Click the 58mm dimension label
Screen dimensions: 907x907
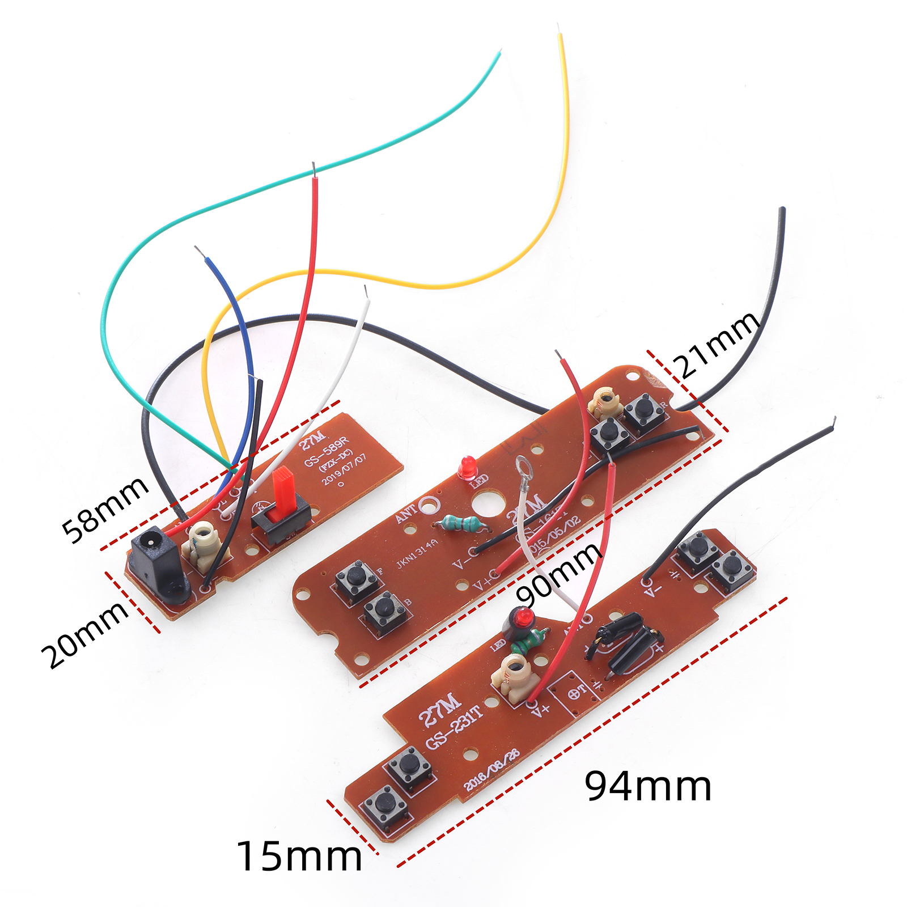point(105,510)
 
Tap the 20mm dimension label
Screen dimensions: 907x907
point(85,634)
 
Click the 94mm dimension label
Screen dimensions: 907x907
point(648,786)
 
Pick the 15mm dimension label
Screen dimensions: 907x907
point(299,856)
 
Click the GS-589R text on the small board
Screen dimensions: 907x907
point(327,452)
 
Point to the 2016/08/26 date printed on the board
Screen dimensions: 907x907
point(491,769)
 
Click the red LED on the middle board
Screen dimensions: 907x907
point(468,467)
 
